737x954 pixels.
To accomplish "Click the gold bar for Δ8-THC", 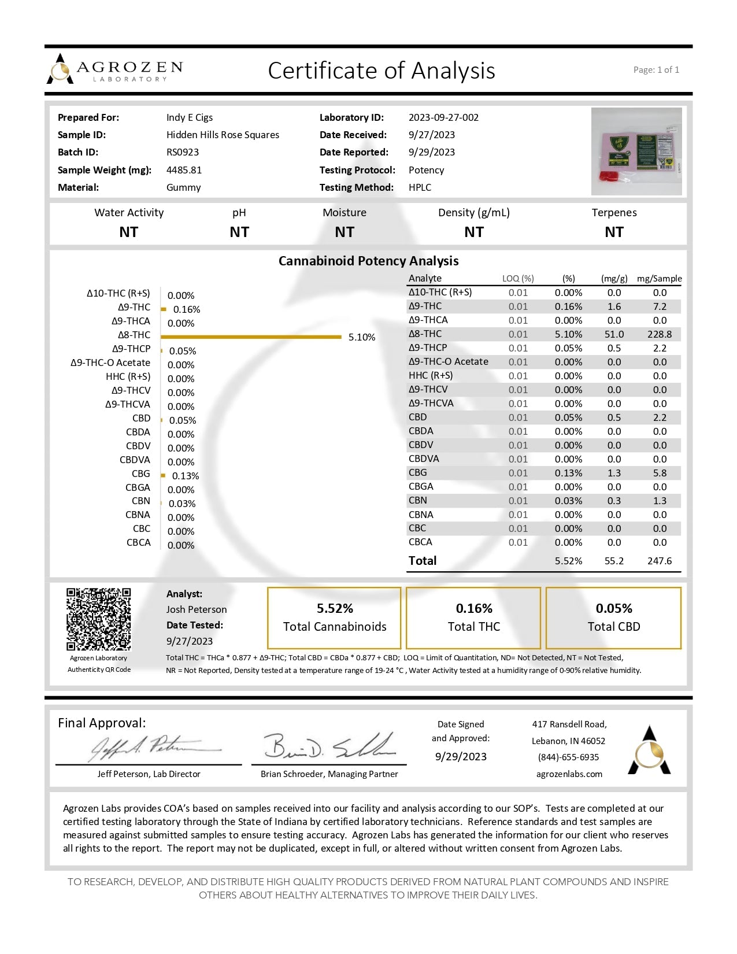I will pyautogui.click(x=251, y=337).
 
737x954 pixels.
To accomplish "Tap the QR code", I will pyautogui.click(x=98, y=619).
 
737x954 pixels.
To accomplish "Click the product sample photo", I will pyautogui.click(x=636, y=151).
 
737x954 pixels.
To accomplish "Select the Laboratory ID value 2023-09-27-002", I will pyautogui.click(x=443, y=117).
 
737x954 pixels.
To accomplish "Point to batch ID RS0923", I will pyautogui.click(x=183, y=152).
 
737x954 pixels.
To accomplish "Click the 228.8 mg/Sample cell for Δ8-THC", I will pyautogui.click(x=659, y=334).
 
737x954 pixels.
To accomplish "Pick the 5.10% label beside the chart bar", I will pyautogui.click(x=362, y=337).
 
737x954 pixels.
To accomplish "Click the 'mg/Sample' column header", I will pyautogui.click(x=659, y=279).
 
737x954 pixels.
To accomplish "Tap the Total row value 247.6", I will pyautogui.click(x=659, y=561).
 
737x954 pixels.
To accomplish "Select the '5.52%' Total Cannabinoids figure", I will pyautogui.click(x=335, y=608).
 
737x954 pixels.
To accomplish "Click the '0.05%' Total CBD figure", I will pyautogui.click(x=614, y=608).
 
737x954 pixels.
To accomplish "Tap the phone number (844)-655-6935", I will pyautogui.click(x=568, y=757).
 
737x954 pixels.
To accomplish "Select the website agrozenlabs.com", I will pyautogui.click(x=569, y=774).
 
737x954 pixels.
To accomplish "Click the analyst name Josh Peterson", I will pyautogui.click(x=197, y=609).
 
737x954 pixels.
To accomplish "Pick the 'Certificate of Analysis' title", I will pyautogui.click(x=382, y=71).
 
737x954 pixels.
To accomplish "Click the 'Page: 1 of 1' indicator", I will pyautogui.click(x=656, y=70).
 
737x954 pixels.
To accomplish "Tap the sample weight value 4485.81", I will pyautogui.click(x=184, y=170).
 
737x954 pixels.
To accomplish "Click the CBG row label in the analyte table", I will pyautogui.click(x=417, y=473).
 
